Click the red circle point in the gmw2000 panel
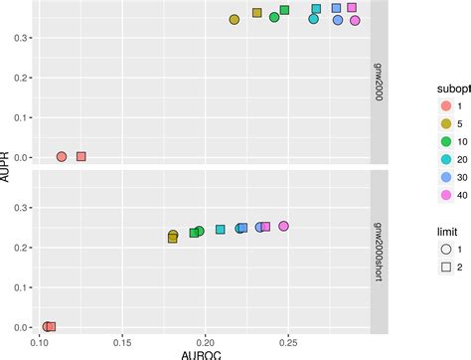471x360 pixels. pos(62,156)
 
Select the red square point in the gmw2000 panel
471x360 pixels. pos(81,156)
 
